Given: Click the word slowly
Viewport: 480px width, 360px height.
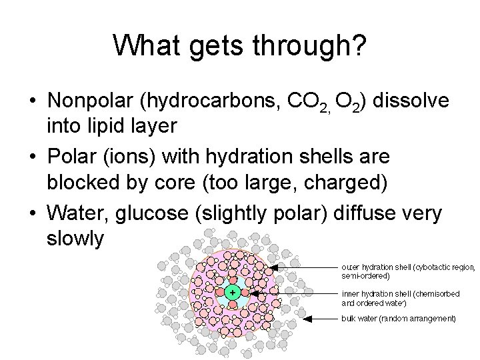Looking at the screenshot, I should point(75,238).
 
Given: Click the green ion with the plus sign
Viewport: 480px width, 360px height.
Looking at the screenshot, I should point(232,292).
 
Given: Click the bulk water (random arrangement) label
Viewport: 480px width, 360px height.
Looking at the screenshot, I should point(399,319).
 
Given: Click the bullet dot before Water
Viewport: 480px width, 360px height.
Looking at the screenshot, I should point(32,213).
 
